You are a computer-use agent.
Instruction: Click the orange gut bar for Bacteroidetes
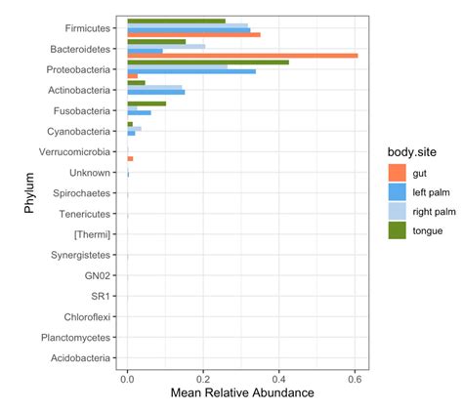coord(242,56)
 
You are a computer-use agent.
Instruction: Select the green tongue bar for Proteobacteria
coord(207,62)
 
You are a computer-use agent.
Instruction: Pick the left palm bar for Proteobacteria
coord(191,71)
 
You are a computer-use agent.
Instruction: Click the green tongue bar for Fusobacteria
coord(147,103)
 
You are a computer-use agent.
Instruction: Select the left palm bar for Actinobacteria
coord(155,92)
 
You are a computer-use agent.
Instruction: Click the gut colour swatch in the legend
coord(398,173)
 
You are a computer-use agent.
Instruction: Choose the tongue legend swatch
coord(398,230)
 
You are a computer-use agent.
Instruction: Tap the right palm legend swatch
coord(398,211)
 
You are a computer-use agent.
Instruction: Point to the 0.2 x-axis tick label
coord(202,377)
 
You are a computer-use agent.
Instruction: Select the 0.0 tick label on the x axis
coord(127,377)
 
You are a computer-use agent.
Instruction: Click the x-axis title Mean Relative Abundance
coord(241,393)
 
